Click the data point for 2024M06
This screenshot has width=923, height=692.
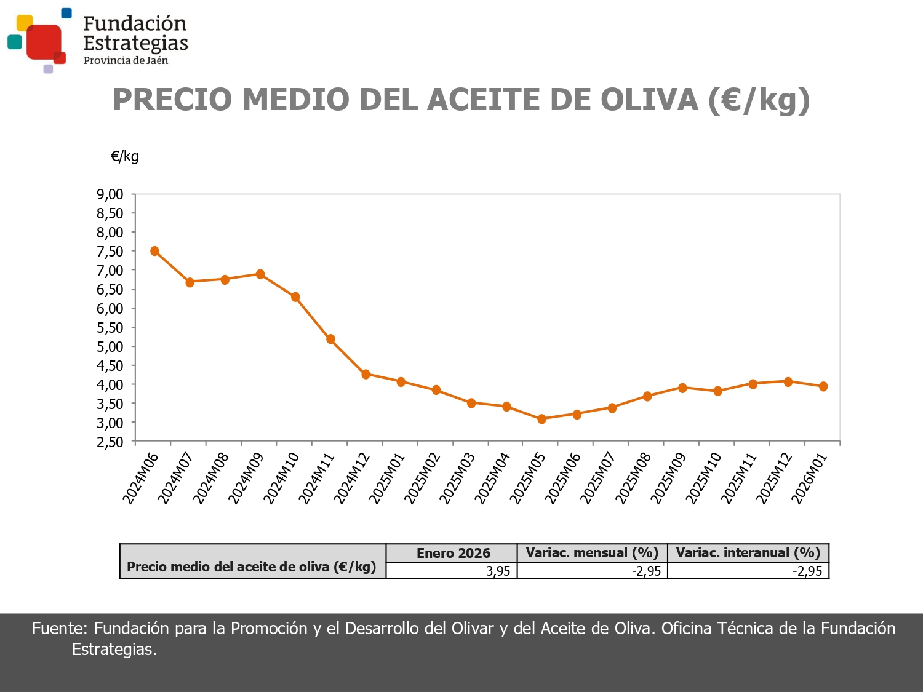click(x=154, y=251)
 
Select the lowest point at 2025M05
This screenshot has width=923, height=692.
click(x=541, y=419)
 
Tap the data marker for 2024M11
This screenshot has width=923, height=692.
click(x=330, y=339)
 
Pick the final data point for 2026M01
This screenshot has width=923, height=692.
click(x=823, y=386)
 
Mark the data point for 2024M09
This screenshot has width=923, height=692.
click(x=260, y=274)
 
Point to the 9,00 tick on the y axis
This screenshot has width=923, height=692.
click(x=110, y=194)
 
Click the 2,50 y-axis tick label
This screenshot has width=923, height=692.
click(x=110, y=442)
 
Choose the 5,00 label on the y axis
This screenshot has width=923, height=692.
click(x=110, y=346)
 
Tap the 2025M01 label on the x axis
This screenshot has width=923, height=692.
click(x=387, y=479)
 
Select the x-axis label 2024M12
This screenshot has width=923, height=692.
click(x=352, y=479)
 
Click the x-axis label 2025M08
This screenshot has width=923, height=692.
click(x=633, y=479)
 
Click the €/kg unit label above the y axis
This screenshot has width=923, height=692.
click(x=125, y=156)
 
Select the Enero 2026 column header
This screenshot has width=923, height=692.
click(x=453, y=553)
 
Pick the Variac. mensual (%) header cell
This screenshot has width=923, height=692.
click(x=592, y=553)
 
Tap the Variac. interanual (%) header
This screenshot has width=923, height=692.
click(x=748, y=553)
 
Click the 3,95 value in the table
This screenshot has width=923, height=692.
click(x=498, y=571)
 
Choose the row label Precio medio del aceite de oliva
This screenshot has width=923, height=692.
click(x=251, y=567)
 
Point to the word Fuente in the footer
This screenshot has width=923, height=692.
click(x=60, y=628)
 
